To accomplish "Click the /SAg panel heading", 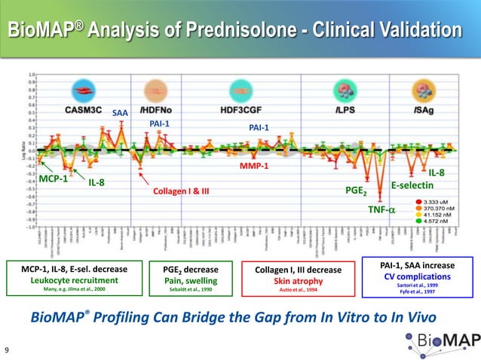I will click(x=421, y=109).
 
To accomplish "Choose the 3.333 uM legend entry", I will click(x=440, y=202).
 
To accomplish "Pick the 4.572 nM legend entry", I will click(x=440, y=221).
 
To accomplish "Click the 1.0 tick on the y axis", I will click(x=32, y=75).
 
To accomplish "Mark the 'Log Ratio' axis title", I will click(x=23, y=150).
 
